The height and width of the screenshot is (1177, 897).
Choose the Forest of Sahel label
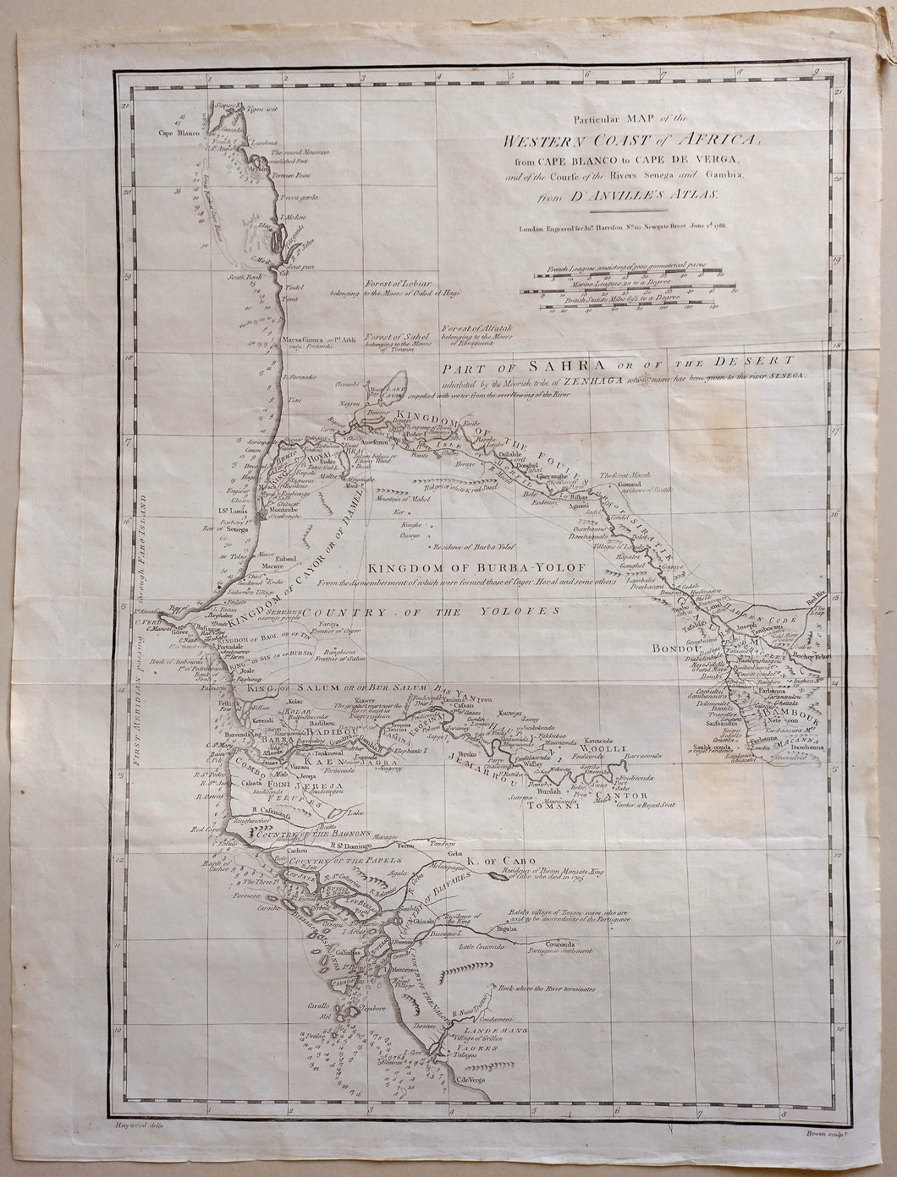coord(386,336)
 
